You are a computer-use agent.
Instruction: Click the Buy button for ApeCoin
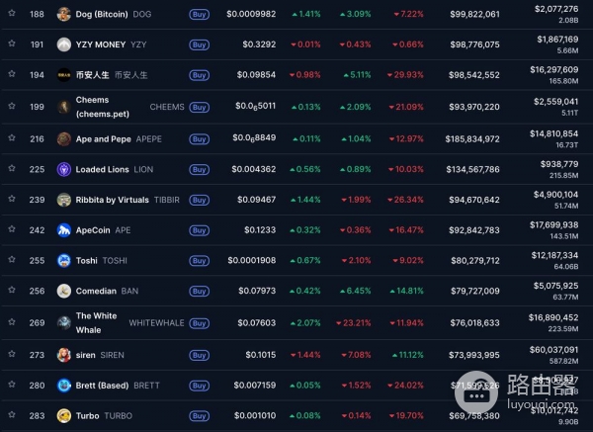pyautogui.click(x=199, y=230)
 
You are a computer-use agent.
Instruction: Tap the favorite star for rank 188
pyautogui.click(x=12, y=15)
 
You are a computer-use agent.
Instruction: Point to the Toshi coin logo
pyautogui.click(x=64, y=261)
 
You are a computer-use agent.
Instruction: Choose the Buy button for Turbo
pyautogui.click(x=199, y=416)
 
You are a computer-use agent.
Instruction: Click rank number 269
pyautogui.click(x=37, y=322)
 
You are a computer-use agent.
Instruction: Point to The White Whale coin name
pyautogui.click(x=96, y=322)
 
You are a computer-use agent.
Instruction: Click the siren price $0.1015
pyautogui.click(x=257, y=354)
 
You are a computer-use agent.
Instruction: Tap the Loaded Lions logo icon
pyautogui.click(x=64, y=169)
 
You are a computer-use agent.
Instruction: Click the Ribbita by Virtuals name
pyautogui.click(x=112, y=200)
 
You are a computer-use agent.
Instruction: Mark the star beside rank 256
pyautogui.click(x=12, y=291)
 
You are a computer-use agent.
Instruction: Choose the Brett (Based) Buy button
pyautogui.click(x=199, y=386)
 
